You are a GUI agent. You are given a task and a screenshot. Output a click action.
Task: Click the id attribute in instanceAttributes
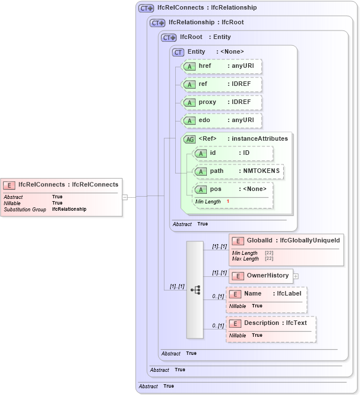pos(233,153)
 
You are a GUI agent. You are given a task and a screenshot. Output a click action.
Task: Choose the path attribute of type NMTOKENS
pos(238,171)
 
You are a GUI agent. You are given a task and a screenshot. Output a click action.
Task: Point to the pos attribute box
pos(233,189)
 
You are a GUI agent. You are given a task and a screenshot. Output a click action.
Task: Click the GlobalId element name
pos(262,241)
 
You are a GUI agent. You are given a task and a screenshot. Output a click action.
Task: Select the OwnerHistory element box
pos(261,276)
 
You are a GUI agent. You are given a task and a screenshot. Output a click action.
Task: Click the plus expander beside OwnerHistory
pos(296,276)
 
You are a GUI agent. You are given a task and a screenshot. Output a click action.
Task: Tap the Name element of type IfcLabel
pos(266,294)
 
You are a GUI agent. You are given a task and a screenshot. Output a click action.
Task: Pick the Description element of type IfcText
pos(271,323)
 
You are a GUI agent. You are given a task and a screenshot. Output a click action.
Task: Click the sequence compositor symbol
pos(195,290)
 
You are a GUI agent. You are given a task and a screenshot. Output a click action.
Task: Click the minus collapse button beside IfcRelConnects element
pos(125,197)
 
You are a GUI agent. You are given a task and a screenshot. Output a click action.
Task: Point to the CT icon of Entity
pos(178,52)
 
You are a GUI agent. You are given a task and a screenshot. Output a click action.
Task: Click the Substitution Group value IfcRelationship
pos(69,209)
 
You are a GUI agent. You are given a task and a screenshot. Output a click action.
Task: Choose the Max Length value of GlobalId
pos(269,259)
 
